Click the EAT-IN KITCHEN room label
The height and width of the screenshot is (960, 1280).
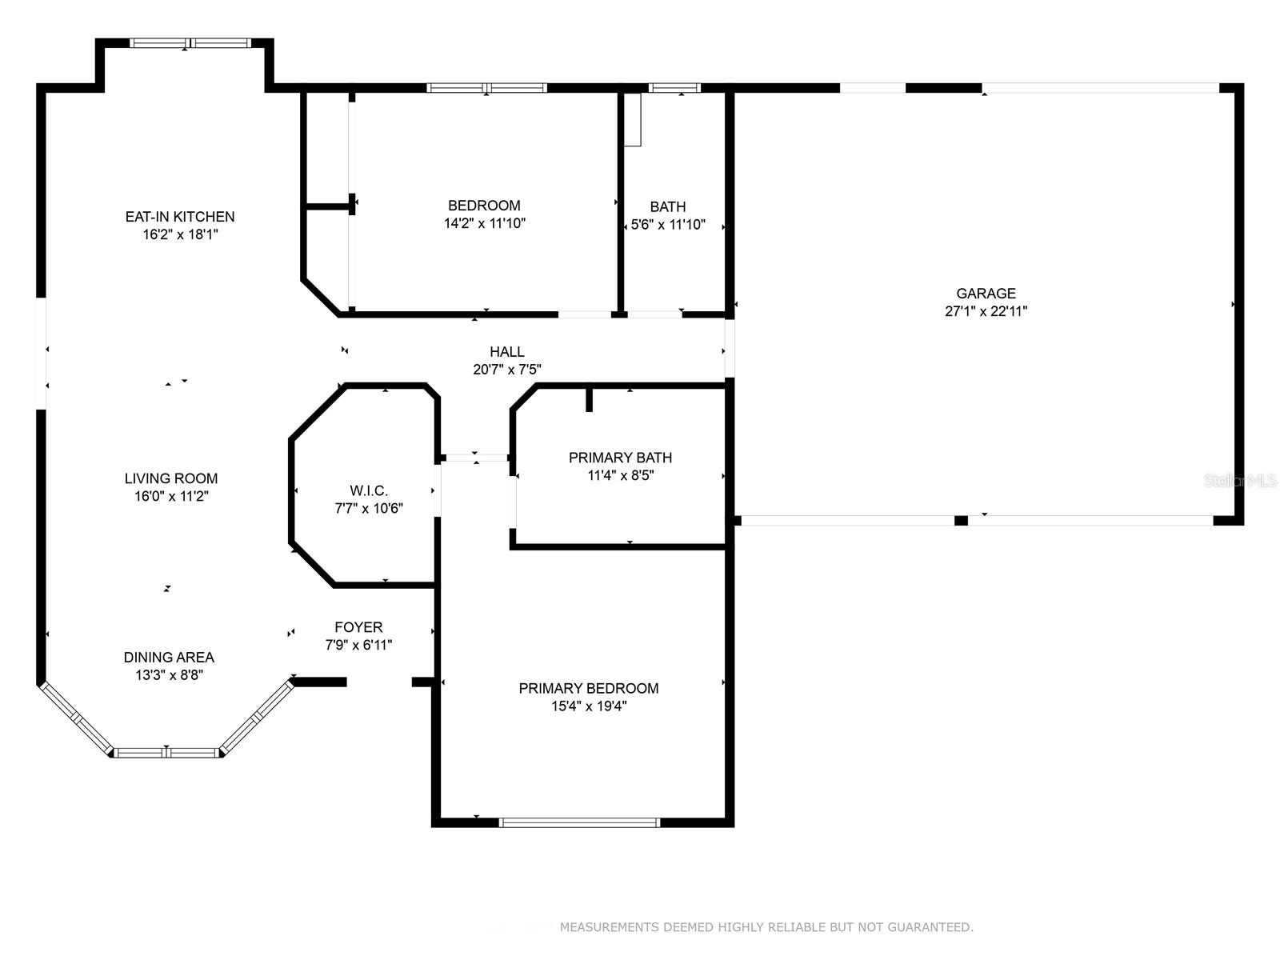pos(180,216)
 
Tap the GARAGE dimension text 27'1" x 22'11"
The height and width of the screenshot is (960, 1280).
pos(986,311)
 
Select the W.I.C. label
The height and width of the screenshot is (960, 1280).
pos(369,490)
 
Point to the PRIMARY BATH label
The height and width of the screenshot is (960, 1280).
pos(621,458)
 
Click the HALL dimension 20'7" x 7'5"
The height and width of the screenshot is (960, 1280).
pos(506,369)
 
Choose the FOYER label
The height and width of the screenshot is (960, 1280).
pos(358,627)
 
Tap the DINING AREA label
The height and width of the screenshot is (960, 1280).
pos(169,658)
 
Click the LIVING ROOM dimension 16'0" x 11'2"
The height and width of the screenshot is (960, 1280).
pos(171,496)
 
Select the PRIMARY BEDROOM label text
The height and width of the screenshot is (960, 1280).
pos(589,688)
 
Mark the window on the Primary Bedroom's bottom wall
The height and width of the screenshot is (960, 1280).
pos(579,822)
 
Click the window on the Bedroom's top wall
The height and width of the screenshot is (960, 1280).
pos(486,88)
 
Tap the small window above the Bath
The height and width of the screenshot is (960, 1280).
pos(674,88)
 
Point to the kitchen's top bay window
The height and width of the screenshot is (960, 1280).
pos(190,42)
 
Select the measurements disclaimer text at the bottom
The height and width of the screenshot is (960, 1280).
pos(766,926)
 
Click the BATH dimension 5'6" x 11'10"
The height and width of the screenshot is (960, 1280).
pos(668,225)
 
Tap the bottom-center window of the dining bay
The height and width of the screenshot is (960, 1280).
pos(166,753)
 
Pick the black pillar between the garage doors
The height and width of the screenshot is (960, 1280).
pos(961,521)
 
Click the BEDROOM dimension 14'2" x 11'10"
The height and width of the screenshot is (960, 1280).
pos(485,223)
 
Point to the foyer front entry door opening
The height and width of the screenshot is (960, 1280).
pos(379,682)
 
